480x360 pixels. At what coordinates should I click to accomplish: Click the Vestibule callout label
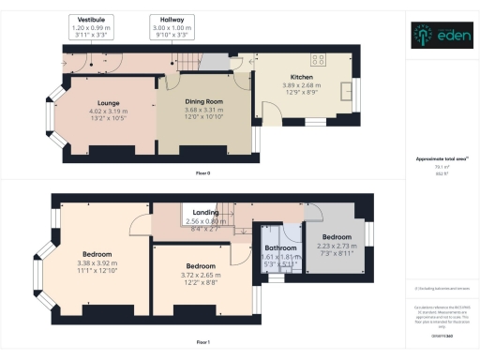(x=91, y=19)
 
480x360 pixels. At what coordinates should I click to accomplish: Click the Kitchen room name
(x=301, y=77)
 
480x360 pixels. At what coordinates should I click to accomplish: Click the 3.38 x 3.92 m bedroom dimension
(x=97, y=263)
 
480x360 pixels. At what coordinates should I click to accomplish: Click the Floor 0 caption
(x=202, y=174)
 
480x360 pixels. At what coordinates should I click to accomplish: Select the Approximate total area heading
(x=442, y=161)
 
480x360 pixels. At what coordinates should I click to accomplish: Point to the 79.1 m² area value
(x=441, y=168)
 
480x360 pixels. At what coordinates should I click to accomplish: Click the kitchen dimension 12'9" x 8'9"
(x=301, y=91)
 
